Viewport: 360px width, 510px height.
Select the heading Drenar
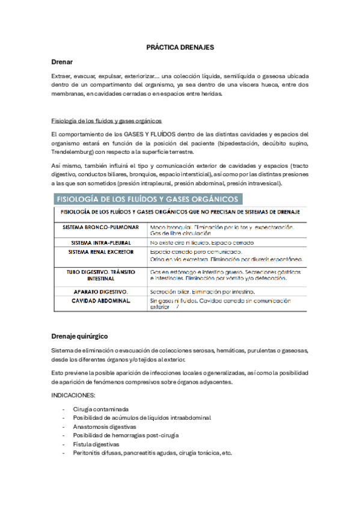point(63,62)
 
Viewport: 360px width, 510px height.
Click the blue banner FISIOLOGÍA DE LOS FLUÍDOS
point(148,198)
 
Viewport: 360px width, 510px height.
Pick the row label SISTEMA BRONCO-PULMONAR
point(100,227)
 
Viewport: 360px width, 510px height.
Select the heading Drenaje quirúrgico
point(80,335)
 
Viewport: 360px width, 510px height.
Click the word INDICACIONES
point(75,395)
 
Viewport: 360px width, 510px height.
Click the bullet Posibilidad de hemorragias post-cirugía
point(126,435)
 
